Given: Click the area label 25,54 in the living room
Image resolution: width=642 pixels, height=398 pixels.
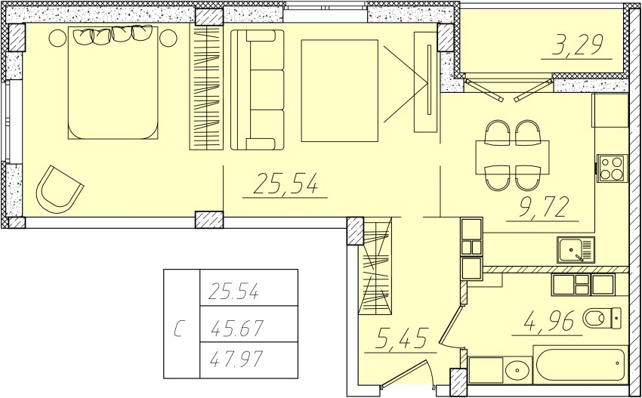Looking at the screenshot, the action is [x=286, y=183].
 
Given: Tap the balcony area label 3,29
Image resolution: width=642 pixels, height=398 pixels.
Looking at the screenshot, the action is [x=577, y=45].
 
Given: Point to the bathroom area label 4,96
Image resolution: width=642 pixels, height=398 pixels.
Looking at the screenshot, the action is [x=548, y=321].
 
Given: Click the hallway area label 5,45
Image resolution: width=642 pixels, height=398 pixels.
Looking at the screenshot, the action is [x=402, y=338].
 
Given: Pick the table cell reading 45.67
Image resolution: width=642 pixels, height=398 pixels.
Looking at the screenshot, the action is [x=236, y=328].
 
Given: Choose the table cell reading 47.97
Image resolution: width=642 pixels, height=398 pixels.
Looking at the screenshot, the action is [x=236, y=360].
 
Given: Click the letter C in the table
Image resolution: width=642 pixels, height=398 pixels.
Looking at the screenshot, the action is [x=178, y=329].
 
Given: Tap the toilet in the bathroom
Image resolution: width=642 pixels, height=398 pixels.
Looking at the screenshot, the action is [x=602, y=318].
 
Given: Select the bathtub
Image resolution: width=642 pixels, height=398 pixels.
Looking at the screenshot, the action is [x=580, y=365].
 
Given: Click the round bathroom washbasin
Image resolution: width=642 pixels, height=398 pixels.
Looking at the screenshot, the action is [x=517, y=371].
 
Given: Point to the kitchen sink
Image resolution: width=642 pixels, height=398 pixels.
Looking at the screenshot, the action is [x=576, y=249].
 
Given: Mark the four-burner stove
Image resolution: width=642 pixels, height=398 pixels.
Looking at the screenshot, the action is [x=612, y=168].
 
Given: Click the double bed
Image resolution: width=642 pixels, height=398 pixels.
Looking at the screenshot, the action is [x=113, y=83].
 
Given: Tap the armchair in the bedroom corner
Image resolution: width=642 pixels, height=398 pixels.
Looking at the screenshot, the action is [x=60, y=190].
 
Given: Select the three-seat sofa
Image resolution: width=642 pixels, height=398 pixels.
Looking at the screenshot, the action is [x=258, y=90].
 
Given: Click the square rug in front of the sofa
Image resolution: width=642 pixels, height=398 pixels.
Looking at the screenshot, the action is [x=339, y=91].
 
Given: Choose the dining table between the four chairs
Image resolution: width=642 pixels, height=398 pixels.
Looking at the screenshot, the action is [x=512, y=158].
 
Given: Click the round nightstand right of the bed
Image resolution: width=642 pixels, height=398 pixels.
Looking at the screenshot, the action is [x=168, y=38].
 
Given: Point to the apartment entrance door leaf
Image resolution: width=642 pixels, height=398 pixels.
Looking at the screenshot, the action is [x=405, y=374].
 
